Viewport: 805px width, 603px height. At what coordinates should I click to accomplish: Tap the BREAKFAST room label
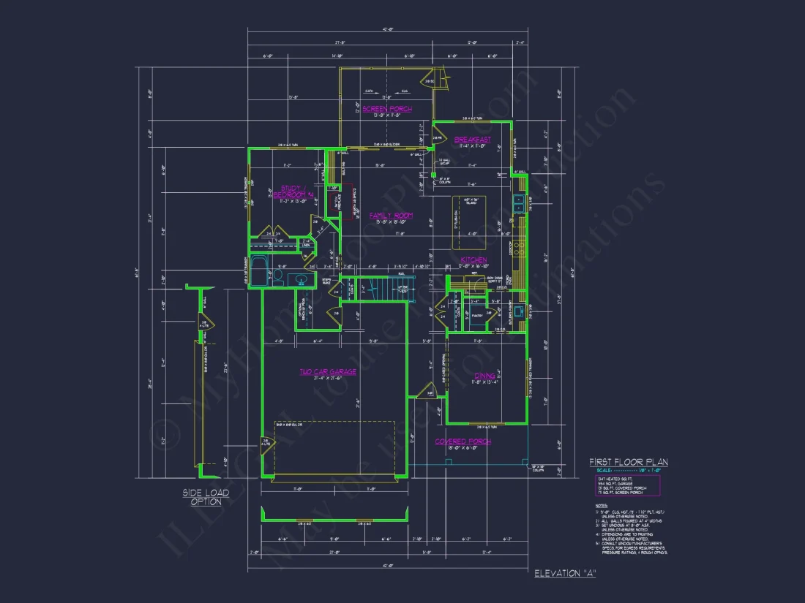point(472,140)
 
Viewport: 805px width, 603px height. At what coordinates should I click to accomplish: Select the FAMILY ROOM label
point(391,216)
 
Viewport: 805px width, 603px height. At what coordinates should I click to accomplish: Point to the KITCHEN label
point(473,260)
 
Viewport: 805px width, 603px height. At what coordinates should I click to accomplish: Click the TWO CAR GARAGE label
point(327,371)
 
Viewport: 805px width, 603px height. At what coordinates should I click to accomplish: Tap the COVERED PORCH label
point(463,441)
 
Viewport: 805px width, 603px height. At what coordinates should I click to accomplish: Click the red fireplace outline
point(349,201)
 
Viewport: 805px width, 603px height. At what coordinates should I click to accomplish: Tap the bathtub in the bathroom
point(259,271)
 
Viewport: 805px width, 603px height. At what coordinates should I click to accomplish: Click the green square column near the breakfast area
point(433,175)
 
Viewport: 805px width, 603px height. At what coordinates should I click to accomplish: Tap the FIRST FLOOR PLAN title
point(629,462)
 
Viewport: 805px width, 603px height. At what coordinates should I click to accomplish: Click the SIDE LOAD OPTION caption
point(206,497)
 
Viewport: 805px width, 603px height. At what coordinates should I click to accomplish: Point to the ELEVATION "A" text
point(564,573)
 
